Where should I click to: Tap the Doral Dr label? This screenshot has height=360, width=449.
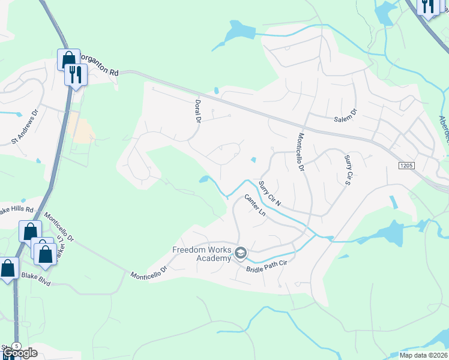196,112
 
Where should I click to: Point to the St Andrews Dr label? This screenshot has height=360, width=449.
25,127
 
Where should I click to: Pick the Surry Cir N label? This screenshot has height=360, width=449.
270,193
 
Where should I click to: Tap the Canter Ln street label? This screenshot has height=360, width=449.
255,205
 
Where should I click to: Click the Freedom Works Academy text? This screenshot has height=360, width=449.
202,254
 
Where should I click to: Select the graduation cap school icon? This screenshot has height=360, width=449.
241,254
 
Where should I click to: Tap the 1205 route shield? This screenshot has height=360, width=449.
405,164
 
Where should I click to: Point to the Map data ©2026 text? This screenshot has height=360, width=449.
424,355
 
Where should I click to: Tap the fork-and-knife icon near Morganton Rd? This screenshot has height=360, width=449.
76,74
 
